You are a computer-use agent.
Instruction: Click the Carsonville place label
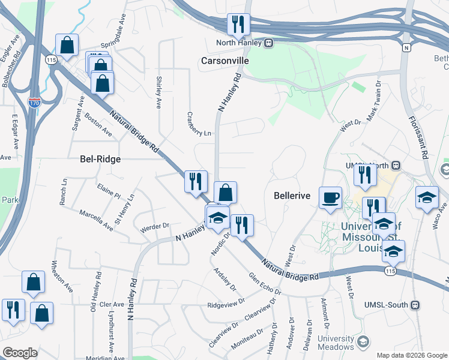pos(225,61)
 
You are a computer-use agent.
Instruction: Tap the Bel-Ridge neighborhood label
pos(100,159)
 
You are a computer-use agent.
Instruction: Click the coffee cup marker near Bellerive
pos(331,199)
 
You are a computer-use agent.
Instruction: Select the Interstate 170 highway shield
pos(34,103)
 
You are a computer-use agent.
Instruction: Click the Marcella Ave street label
pos(96,220)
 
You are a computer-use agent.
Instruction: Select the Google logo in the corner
pos(20,352)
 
